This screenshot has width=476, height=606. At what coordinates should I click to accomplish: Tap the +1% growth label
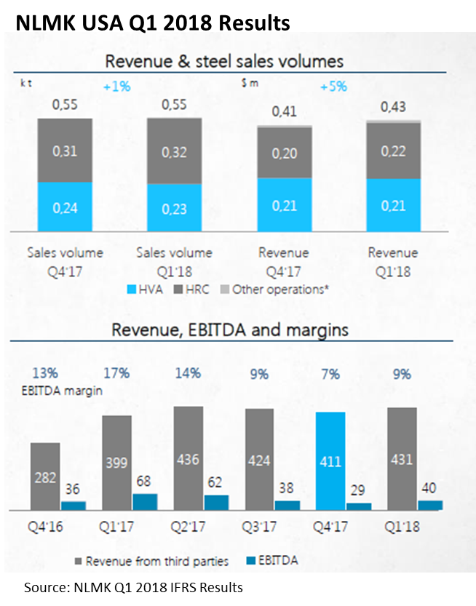[116, 87]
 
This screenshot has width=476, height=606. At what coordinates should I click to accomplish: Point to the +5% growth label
[333, 87]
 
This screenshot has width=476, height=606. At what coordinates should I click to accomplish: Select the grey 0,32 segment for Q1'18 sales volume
[175, 151]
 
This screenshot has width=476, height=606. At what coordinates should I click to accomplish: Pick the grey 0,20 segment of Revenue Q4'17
[285, 153]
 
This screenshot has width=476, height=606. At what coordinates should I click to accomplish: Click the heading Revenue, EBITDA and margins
[229, 330]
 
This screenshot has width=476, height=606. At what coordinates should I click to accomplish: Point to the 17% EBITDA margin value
[116, 373]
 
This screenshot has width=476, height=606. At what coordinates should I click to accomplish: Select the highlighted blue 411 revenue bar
[330, 461]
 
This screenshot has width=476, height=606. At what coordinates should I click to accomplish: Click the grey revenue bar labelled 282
[44, 477]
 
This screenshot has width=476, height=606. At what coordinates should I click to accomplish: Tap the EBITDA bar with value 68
[145, 502]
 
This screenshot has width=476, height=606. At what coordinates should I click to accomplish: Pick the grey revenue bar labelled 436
[187, 458]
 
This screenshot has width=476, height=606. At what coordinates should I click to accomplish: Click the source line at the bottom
[133, 587]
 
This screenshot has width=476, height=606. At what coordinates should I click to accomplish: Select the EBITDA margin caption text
[60, 390]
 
